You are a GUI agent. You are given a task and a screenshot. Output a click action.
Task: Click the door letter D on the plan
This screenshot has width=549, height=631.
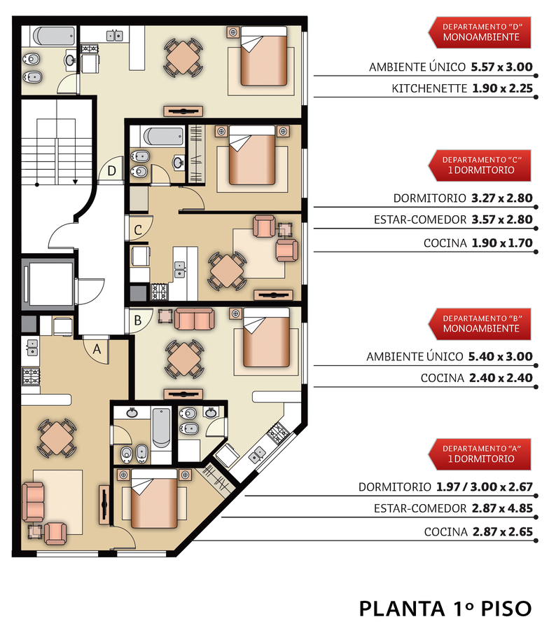[x=112, y=170]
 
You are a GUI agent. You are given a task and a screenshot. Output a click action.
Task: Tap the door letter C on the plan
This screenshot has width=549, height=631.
[x=138, y=230]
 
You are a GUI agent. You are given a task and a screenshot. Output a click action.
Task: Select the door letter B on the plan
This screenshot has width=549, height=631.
[x=138, y=320]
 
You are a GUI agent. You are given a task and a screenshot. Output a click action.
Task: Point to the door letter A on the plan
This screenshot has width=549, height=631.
[x=97, y=349]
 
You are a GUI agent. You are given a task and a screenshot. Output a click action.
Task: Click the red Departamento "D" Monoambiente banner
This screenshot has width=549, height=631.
[x=480, y=32]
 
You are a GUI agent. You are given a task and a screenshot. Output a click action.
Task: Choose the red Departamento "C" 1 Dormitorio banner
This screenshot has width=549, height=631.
[x=480, y=165]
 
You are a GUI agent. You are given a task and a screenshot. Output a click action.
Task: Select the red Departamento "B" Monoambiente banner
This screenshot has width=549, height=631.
[x=480, y=324]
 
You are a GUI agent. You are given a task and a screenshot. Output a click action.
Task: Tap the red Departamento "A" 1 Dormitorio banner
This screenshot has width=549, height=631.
[x=480, y=454]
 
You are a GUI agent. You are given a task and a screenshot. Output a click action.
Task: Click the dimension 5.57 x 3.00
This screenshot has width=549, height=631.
[x=501, y=67]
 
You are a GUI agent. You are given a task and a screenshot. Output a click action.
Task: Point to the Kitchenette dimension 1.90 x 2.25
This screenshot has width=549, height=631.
[x=502, y=88]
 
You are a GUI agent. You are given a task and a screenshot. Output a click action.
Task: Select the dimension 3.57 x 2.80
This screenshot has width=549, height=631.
[x=502, y=219]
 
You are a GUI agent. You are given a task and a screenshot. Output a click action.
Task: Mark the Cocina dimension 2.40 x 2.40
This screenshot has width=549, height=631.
[x=501, y=378]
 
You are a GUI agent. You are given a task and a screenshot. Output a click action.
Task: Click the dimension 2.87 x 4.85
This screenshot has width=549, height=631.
[x=502, y=508]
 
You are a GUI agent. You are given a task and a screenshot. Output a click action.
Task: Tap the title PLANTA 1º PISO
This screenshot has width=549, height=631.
[x=445, y=609]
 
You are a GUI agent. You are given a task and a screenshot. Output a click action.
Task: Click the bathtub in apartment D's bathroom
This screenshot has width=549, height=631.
[x=53, y=36]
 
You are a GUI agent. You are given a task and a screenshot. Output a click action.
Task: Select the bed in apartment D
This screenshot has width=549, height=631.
[x=264, y=56]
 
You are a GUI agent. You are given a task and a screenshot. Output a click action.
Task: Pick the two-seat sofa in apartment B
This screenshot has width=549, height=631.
[x=194, y=319]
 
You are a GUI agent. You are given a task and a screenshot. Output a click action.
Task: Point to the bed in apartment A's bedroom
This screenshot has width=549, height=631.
[x=154, y=498]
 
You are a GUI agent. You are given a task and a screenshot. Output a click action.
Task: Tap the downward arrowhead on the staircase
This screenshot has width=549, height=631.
[x=75, y=182]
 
